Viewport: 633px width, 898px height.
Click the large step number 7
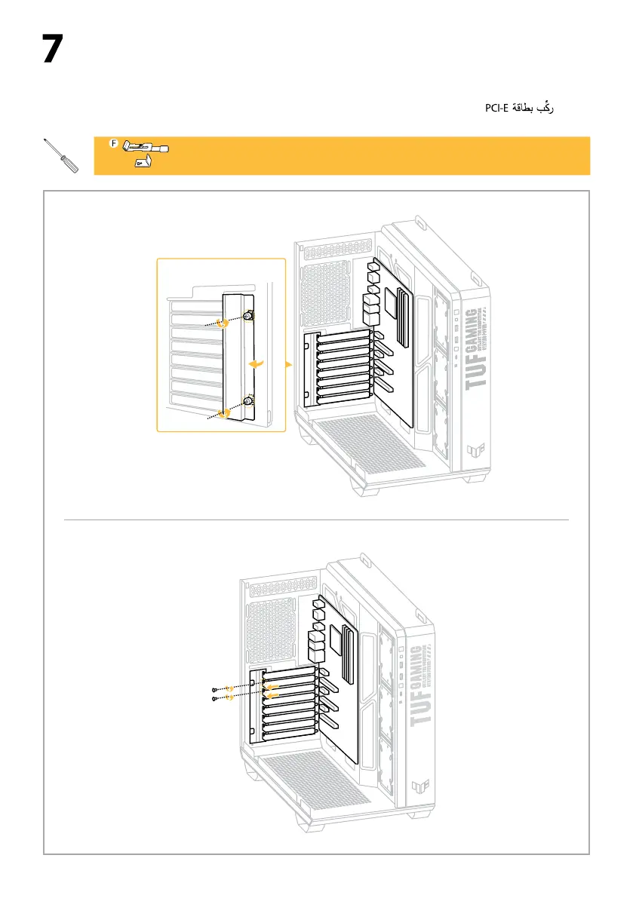pyautogui.click(x=51, y=49)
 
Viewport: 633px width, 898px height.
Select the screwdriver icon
pyautogui.click(x=61, y=156)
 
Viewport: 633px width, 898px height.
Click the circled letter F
pyautogui.click(x=114, y=143)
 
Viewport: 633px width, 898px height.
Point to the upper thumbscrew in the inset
pyautogui.click(x=248, y=317)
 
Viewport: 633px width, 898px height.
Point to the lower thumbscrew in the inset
pyautogui.click(x=247, y=402)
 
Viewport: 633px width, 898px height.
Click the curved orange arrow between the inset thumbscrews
pyautogui.click(x=258, y=363)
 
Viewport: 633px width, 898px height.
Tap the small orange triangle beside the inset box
pyautogui.click(x=290, y=365)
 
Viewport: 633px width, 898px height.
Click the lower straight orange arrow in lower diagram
pyautogui.click(x=275, y=695)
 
